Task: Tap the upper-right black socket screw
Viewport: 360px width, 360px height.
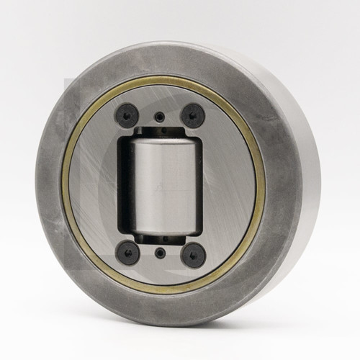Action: click(x=192, y=113)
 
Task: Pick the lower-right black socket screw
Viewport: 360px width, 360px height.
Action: click(x=193, y=254)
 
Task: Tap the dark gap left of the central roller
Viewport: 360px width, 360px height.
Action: click(x=125, y=184)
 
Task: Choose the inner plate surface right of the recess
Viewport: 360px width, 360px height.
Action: click(x=230, y=184)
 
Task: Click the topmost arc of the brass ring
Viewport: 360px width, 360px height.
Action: click(x=162, y=78)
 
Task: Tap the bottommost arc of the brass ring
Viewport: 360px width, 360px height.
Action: click(x=162, y=292)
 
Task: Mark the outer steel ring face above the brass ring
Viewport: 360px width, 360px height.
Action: click(x=162, y=62)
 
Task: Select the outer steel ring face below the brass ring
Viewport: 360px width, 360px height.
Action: click(x=162, y=308)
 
